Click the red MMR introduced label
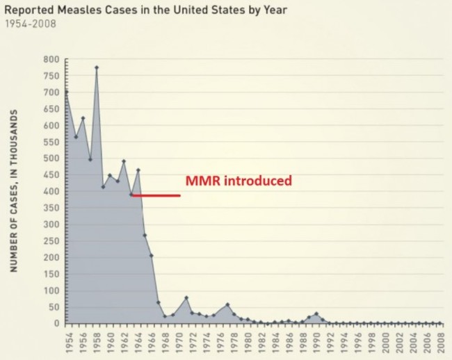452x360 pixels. pyautogui.click(x=238, y=181)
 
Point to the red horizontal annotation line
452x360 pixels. pyautogui.click(x=156, y=195)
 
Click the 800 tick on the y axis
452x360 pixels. pyautogui.click(x=49, y=60)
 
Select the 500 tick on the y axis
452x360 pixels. pyautogui.click(x=49, y=158)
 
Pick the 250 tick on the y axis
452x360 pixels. pyautogui.click(x=49, y=241)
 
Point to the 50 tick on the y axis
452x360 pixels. pyautogui.click(x=51, y=307)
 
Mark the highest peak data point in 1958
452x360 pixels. pyautogui.click(x=97, y=67)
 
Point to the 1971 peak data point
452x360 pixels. pyautogui.click(x=186, y=297)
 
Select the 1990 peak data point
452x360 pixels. pyautogui.click(x=316, y=313)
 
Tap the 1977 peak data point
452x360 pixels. pyautogui.click(x=227, y=304)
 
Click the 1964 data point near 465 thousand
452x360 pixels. pyautogui.click(x=138, y=170)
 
